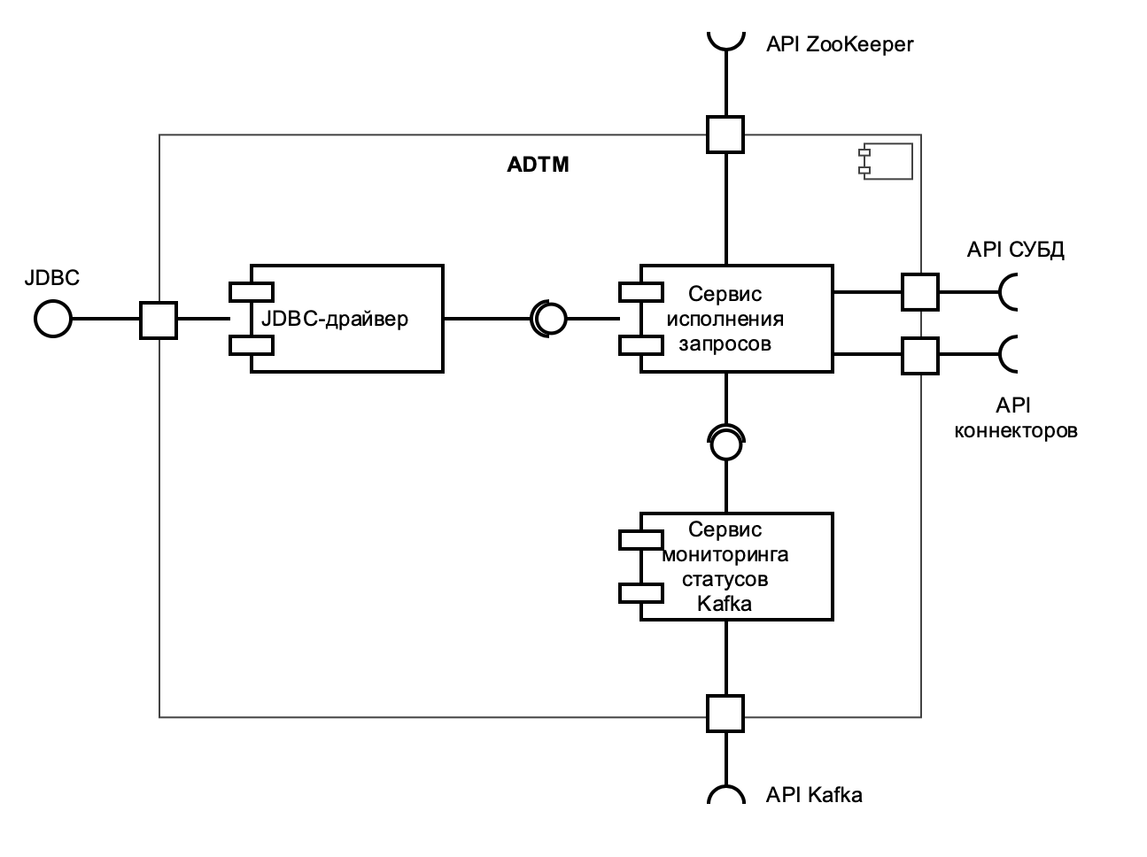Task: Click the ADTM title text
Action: click(x=538, y=165)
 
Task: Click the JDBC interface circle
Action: click(x=52, y=319)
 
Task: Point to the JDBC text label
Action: click(x=52, y=278)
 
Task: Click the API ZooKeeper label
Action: click(x=839, y=44)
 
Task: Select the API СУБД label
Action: click(x=1015, y=250)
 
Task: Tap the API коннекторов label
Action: click(x=1015, y=419)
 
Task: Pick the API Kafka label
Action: click(x=813, y=795)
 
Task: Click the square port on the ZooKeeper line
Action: click(x=725, y=135)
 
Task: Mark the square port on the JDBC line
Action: click(x=159, y=320)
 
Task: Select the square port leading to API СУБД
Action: click(x=920, y=291)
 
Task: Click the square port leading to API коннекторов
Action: click(x=920, y=355)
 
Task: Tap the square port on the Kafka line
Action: click(x=725, y=713)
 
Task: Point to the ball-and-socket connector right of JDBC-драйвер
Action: click(x=547, y=319)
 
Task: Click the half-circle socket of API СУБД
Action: click(x=1008, y=291)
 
